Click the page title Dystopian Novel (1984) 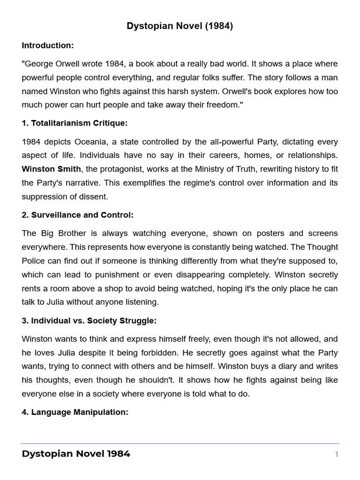[x=180, y=26]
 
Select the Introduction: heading [x=47, y=45]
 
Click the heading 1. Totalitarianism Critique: [x=75, y=123]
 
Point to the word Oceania [x=80, y=142]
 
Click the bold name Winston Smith [x=51, y=169]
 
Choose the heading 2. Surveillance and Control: [x=77, y=215]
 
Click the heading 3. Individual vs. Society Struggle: [x=89, y=321]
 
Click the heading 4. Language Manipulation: [x=75, y=412]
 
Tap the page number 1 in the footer [x=336, y=454]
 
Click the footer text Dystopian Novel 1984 [x=76, y=454]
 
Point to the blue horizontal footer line [x=180, y=443]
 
